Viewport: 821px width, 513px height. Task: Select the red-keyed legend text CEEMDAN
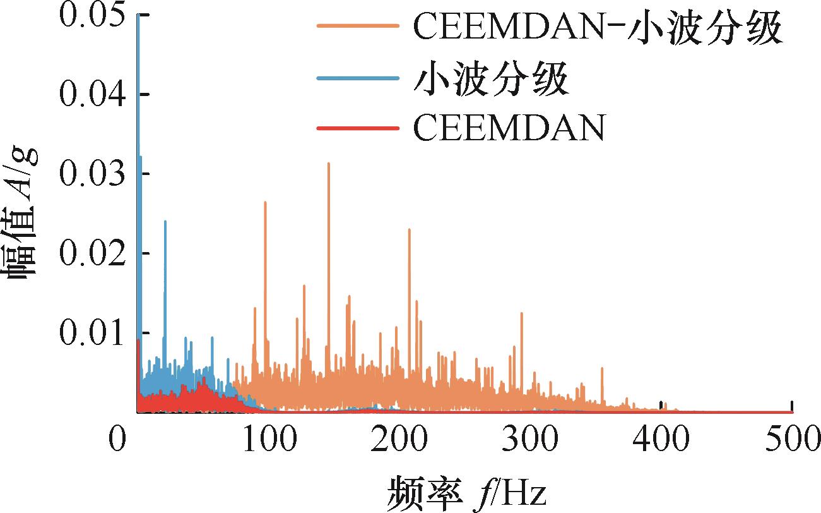(509, 129)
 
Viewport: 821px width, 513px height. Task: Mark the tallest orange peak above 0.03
(329, 164)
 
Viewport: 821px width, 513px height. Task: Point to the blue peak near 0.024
(165, 222)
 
